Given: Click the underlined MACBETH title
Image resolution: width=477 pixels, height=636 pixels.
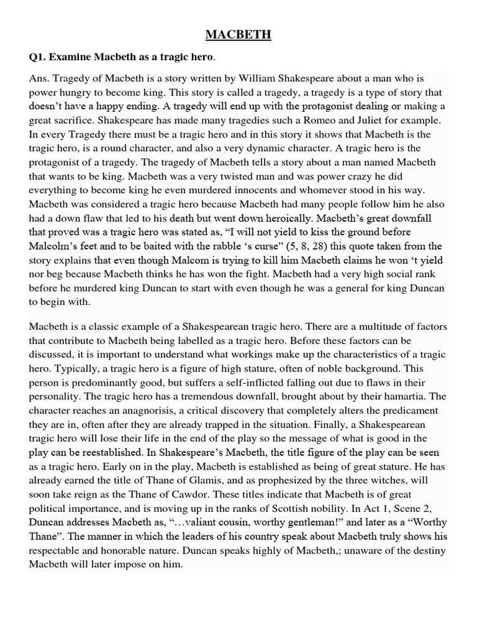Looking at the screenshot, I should click(x=238, y=35).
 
